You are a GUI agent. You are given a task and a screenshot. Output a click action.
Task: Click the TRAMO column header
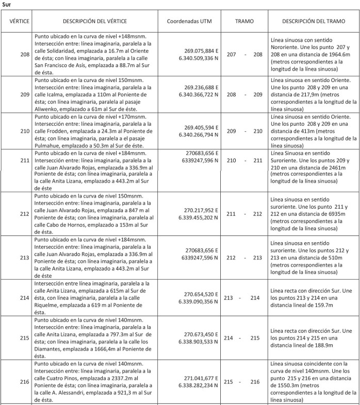(x=244, y=22)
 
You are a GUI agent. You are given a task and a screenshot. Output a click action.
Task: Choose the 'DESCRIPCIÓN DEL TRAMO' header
(x=314, y=22)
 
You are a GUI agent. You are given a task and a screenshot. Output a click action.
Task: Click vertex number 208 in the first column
(x=25, y=54)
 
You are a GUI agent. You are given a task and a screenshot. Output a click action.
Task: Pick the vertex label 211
(x=25, y=160)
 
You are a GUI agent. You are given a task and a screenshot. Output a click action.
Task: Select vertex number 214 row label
(x=25, y=298)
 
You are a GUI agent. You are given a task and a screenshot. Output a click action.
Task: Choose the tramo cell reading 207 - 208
(x=244, y=54)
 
